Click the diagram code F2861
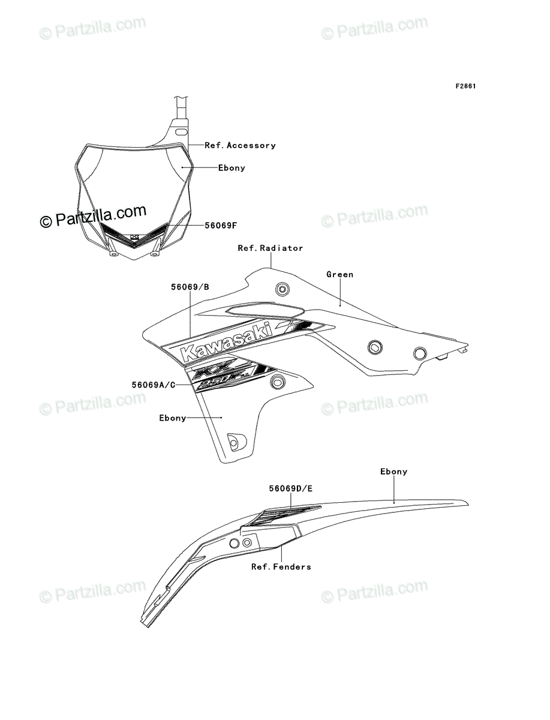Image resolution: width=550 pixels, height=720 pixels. (465, 86)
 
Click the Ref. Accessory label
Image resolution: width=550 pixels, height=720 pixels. (240, 145)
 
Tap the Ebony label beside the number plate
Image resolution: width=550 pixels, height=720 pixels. (232, 168)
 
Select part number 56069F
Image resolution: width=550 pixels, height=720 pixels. (221, 226)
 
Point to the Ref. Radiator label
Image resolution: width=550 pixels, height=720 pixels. (271, 248)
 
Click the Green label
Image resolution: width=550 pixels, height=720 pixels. (340, 274)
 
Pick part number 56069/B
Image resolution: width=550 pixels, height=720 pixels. (190, 287)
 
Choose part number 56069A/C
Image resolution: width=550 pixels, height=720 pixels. (154, 385)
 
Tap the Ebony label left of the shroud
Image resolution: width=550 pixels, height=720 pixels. (172, 418)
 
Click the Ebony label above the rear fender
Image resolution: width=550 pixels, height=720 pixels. (393, 472)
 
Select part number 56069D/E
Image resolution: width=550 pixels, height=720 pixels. (291, 488)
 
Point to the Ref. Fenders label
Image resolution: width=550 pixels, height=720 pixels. (281, 566)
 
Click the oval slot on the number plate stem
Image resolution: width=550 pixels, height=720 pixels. (181, 132)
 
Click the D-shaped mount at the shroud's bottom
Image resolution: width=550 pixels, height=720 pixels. (237, 442)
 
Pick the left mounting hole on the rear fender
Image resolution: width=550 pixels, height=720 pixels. (234, 543)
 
